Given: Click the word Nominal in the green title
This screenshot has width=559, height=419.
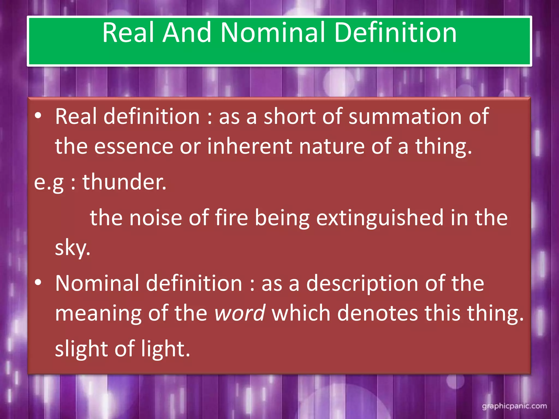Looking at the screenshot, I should (x=273, y=33).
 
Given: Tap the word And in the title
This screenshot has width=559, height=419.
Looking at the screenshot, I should (x=187, y=33).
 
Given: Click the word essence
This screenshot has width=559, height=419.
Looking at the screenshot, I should (x=134, y=146).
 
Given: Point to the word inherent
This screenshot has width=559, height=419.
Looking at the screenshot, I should (x=249, y=146).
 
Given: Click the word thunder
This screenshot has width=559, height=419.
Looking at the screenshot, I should (x=124, y=182).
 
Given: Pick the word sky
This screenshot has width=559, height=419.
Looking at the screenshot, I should (x=72, y=248).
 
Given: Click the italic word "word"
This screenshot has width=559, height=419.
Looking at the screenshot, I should (x=240, y=313).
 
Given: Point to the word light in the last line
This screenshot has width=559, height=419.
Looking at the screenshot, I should (x=165, y=349).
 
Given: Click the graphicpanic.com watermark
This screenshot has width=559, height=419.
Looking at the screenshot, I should (x=514, y=406).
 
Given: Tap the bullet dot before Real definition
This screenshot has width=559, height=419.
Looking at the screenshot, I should (x=38, y=116).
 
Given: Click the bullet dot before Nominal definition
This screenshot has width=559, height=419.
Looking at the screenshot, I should (x=38, y=283).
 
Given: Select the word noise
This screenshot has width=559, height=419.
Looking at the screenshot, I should (x=156, y=218).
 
